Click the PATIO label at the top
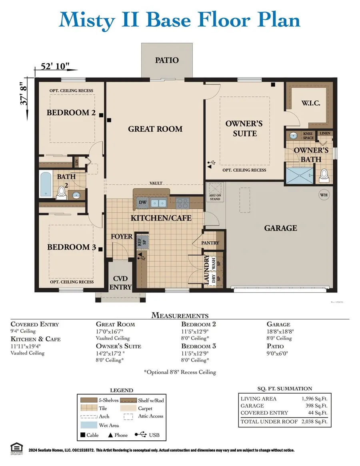tap(167, 60)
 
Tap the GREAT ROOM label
tap(155, 129)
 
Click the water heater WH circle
tap(324, 195)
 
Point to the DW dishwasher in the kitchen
tap(142, 202)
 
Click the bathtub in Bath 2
tap(45, 184)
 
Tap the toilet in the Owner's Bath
tap(324, 175)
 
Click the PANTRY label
tap(210, 243)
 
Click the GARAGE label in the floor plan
tap(280, 228)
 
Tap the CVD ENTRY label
tap(120, 283)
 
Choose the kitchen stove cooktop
tap(182, 203)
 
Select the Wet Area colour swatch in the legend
tap(94, 425)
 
